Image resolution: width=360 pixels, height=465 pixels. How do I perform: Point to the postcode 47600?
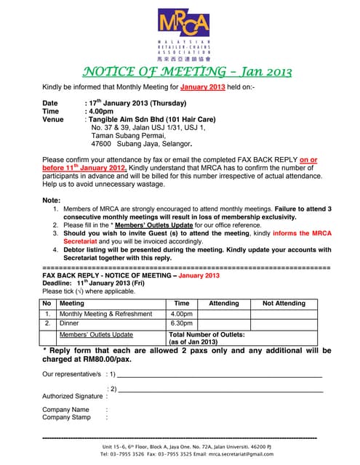(101, 144)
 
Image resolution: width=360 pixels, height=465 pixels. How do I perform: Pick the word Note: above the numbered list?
(52, 200)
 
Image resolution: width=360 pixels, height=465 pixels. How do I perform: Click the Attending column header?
(224, 303)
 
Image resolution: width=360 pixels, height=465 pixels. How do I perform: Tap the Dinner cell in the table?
(70, 323)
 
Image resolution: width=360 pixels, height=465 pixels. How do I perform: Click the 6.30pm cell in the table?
(181, 323)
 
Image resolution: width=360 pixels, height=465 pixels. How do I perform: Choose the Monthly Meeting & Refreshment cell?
(106, 314)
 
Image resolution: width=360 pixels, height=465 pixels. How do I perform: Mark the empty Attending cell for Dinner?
(224, 323)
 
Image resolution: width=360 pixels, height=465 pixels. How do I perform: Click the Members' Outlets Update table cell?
(96, 334)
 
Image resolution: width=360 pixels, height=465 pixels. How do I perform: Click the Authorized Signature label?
(73, 396)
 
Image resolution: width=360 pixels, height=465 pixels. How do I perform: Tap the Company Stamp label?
(66, 417)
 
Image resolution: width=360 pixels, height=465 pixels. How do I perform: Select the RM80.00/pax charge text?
(108, 358)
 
